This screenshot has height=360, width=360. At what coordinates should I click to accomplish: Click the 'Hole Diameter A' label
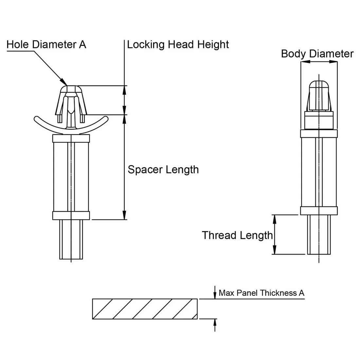click(46, 44)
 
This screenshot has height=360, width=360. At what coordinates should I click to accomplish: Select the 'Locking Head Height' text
click(178, 44)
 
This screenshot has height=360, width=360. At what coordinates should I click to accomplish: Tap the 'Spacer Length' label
click(163, 170)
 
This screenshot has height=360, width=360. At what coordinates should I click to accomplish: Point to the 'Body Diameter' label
click(317, 54)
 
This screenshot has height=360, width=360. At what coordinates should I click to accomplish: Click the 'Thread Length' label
click(237, 235)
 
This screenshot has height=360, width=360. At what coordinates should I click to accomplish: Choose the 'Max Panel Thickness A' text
click(261, 293)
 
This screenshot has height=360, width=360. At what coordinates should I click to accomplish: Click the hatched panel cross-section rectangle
click(145, 309)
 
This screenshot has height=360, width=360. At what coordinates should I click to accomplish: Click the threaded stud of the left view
click(71, 240)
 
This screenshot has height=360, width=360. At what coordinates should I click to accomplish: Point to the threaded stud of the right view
click(318, 235)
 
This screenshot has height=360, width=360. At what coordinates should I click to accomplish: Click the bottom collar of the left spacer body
click(71, 216)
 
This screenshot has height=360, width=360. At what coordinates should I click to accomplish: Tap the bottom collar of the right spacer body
click(318, 211)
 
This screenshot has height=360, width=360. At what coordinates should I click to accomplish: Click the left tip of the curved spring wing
click(36, 117)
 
